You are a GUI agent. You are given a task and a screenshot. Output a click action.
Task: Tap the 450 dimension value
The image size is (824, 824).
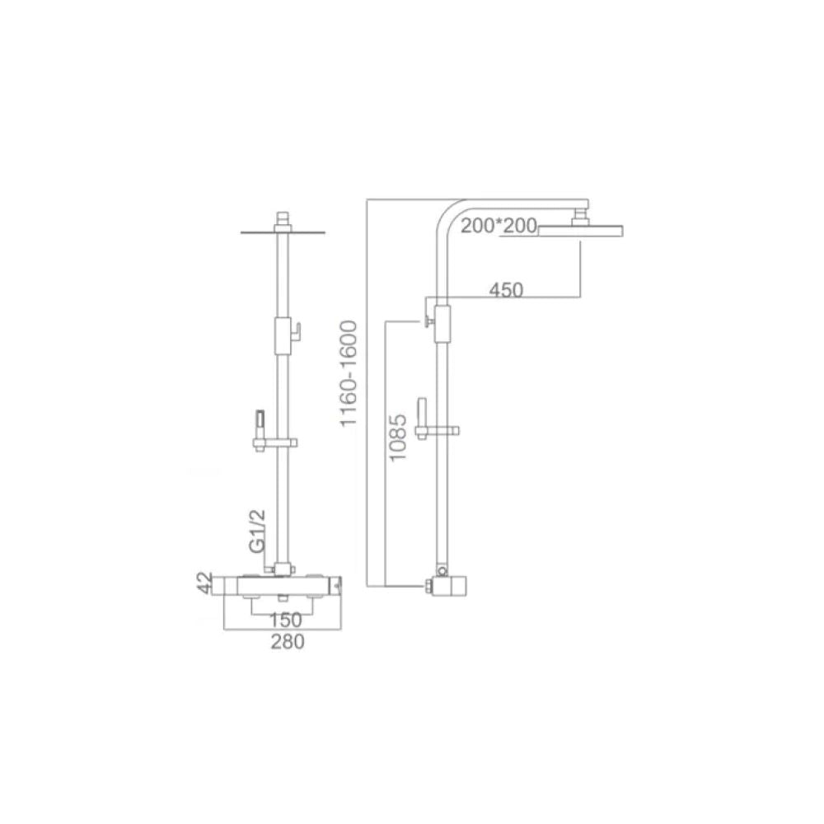pos(507,289)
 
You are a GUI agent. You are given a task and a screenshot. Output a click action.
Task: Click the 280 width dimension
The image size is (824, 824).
pos(288,643)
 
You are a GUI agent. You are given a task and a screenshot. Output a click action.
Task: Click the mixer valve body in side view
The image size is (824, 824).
pos(451,586)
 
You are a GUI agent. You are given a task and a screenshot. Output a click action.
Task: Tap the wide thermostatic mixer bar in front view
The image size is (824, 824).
pos(279,584)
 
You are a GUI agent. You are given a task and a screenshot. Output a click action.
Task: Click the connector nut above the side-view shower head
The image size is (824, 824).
pos(581,218)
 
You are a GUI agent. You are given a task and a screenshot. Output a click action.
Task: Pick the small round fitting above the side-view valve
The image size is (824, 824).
pos(442,570)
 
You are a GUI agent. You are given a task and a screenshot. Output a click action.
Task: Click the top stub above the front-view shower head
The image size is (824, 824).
pos(284,219)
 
